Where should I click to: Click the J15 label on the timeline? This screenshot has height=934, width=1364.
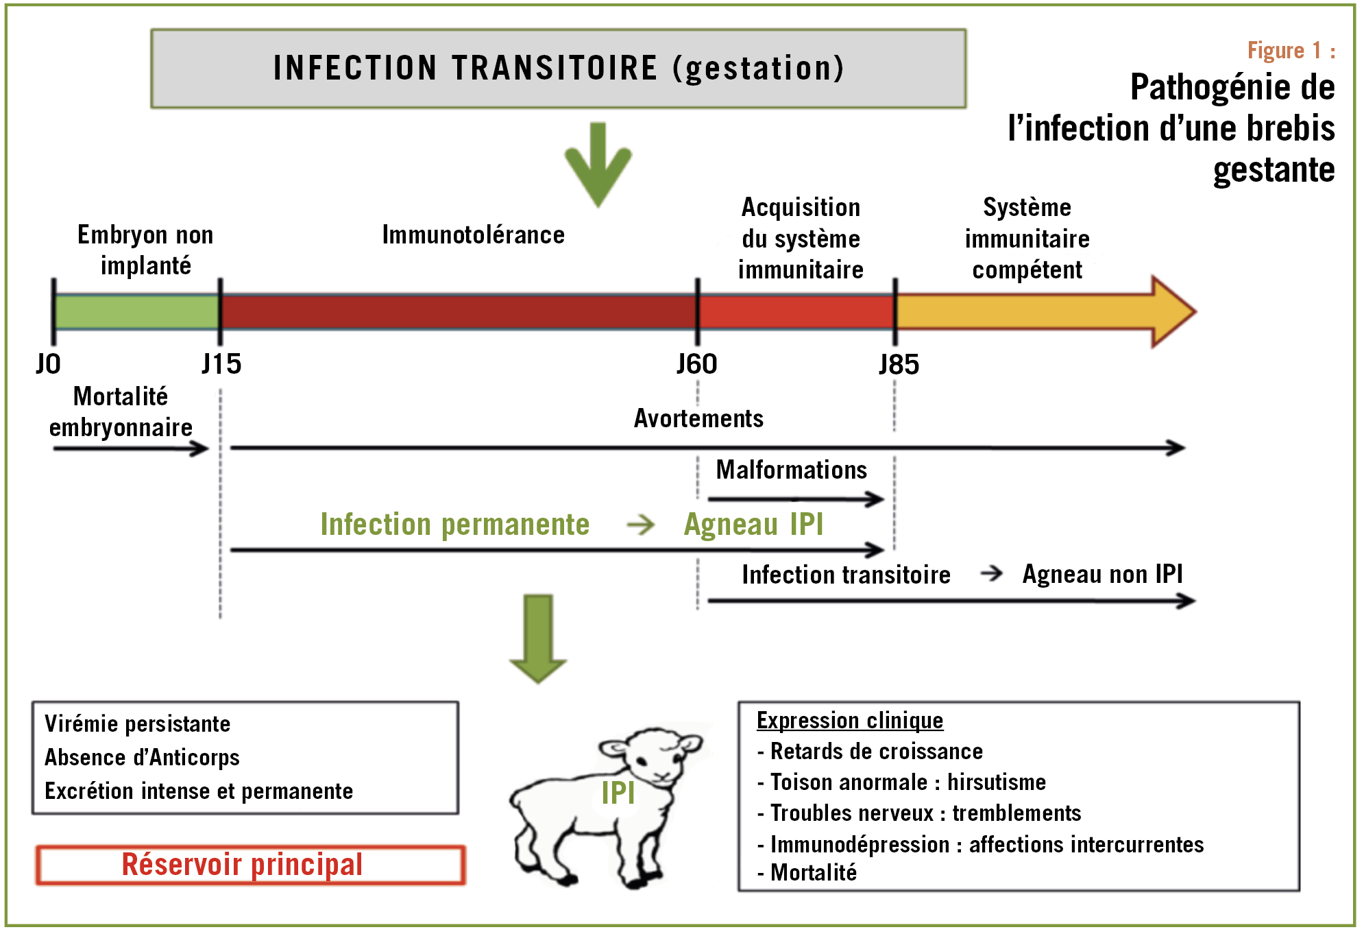pos(221,364)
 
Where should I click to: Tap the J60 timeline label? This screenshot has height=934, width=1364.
pos(697,364)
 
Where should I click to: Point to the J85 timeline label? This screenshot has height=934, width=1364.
pos(899,365)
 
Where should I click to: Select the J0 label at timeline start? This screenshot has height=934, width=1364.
pos(48,364)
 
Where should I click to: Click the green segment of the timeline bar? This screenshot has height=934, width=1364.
pos(137,312)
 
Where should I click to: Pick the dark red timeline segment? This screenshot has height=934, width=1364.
pos(459,312)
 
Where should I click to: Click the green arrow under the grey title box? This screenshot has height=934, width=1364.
pos(598,165)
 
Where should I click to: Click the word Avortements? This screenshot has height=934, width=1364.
pos(698,418)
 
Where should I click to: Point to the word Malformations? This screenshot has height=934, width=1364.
pos(792,470)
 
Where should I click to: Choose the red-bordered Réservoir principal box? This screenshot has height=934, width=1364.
pos(251,865)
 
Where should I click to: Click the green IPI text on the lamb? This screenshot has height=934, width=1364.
pos(618,793)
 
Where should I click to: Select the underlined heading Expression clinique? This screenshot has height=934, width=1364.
pos(850,720)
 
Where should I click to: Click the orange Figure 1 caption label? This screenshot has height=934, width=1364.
pos(1291,51)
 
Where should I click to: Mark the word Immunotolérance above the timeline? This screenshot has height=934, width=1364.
pos(474,235)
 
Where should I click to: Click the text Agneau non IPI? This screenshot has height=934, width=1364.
pos(1103,574)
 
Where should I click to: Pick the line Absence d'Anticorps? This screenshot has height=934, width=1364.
pos(142,757)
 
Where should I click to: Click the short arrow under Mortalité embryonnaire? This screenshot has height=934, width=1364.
pos(131,448)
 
